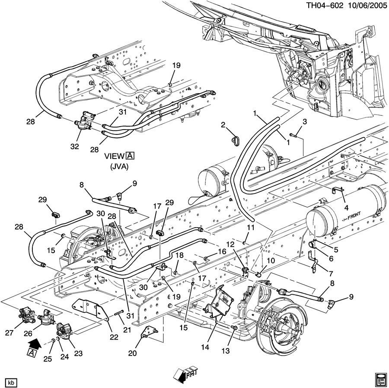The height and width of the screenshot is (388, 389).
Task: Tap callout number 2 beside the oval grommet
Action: pyautogui.click(x=223, y=125)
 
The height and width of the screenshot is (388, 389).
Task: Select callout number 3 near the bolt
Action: pyautogui.click(x=304, y=122)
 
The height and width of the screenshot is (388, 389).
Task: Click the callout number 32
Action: pyautogui.click(x=75, y=146)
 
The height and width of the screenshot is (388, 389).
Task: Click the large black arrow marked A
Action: pyautogui.click(x=33, y=346)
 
